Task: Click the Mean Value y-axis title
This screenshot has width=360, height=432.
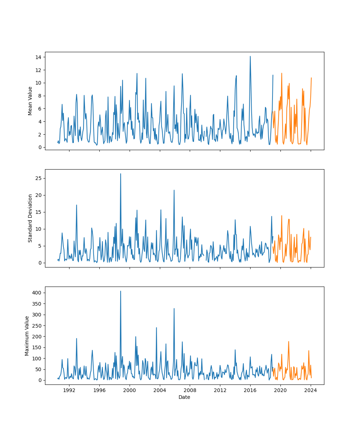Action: [x=30, y=101]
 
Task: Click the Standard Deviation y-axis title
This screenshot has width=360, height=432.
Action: [x=30, y=218]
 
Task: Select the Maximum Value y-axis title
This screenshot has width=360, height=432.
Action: [x=27, y=336]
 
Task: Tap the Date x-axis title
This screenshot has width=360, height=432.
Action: [x=184, y=397]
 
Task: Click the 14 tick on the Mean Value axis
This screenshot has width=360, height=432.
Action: [x=38, y=57]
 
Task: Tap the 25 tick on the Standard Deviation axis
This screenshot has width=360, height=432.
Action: [x=38, y=178]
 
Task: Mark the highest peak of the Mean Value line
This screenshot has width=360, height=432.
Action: [x=250, y=57]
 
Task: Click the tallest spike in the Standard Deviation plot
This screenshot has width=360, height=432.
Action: [x=121, y=174]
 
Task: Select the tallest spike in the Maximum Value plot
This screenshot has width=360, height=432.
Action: [x=121, y=291]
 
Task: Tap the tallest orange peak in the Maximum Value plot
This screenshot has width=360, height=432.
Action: [x=288, y=342]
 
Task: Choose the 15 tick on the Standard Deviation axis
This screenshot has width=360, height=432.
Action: [x=38, y=212]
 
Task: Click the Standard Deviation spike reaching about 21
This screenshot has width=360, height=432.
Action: [x=174, y=190]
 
